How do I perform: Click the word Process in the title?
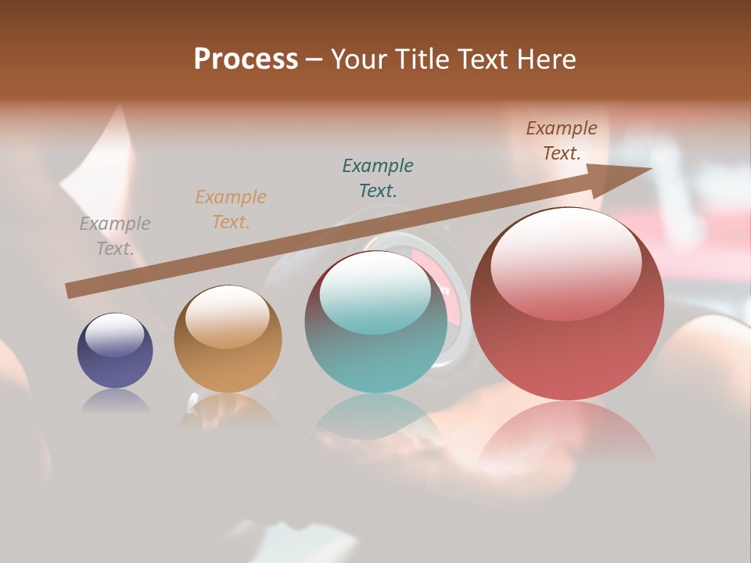click(246, 59)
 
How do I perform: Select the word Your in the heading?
click(359, 59)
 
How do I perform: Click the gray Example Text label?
click(115, 236)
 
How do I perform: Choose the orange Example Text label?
click(231, 210)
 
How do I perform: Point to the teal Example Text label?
click(378, 178)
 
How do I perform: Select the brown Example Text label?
click(562, 141)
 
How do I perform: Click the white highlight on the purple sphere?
click(114, 335)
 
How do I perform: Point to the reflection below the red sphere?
click(567, 434)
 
